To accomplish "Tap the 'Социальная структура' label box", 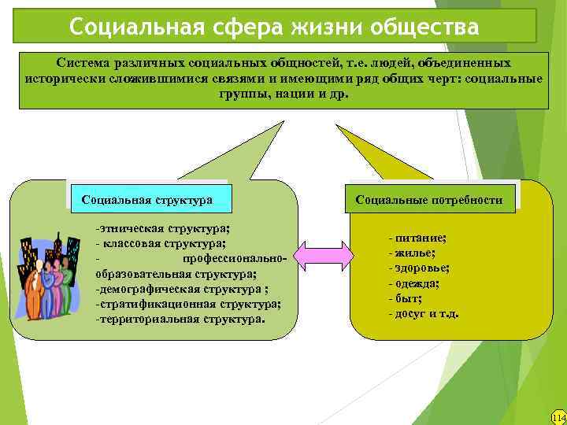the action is [x=147, y=200].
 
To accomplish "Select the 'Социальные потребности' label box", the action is [x=428, y=200].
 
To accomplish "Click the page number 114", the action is [x=558, y=416].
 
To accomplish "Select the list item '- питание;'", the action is [x=417, y=238].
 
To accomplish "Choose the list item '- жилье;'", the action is [x=413, y=253].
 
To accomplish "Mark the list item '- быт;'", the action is [x=405, y=298].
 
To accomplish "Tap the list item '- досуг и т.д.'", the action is [x=424, y=313].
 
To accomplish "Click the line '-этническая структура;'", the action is [x=162, y=228].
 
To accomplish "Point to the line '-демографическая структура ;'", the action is [x=172, y=289].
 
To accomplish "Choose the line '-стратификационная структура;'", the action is [x=187, y=304].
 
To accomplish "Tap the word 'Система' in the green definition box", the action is [x=83, y=61].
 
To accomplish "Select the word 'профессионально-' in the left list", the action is [x=237, y=258].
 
